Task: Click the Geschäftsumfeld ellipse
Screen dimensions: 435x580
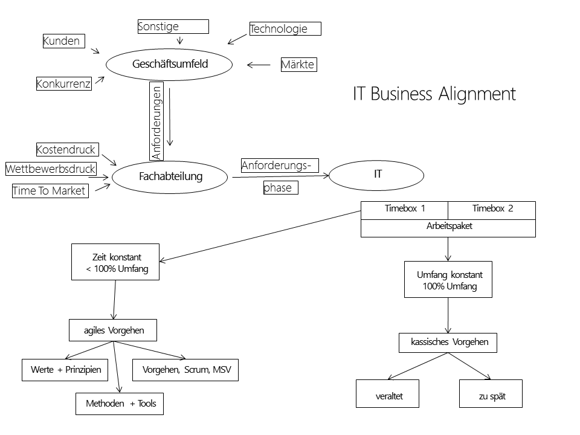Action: click(169, 64)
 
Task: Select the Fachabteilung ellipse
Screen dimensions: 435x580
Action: click(170, 176)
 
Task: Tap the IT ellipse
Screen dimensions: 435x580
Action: click(378, 174)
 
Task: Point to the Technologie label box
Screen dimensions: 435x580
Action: click(285, 28)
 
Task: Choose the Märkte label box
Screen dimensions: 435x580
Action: click(298, 64)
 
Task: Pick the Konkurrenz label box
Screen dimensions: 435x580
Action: click(63, 84)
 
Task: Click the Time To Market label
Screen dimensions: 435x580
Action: click(50, 191)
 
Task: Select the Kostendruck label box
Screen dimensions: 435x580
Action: click(66, 149)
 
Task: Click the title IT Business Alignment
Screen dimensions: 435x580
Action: click(434, 94)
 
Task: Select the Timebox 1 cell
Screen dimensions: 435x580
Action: click(404, 210)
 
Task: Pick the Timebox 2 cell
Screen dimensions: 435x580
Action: click(492, 210)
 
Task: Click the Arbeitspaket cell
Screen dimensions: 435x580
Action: click(448, 227)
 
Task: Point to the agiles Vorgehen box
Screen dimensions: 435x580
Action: click(114, 330)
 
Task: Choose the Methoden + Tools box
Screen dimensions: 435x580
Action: click(120, 404)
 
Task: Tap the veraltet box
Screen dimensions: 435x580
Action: click(388, 396)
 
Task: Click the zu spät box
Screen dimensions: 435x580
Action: click(491, 396)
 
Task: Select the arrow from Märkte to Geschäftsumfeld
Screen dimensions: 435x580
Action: click(259, 65)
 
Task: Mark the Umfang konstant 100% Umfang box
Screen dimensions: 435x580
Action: click(448, 280)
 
